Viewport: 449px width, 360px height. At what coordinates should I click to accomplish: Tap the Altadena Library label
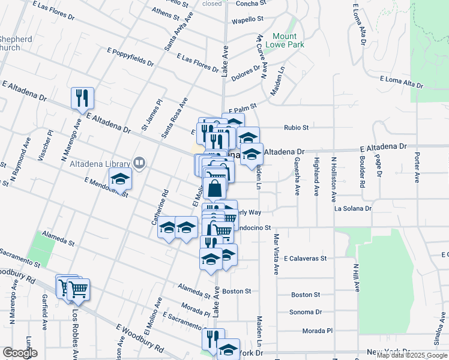pyautogui.click(x=100, y=164)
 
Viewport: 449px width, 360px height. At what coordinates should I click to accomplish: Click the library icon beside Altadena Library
pyautogui.click(x=139, y=162)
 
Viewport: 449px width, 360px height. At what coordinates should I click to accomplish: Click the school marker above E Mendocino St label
pyautogui.click(x=120, y=178)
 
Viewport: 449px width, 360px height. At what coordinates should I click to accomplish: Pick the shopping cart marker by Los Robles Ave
pyautogui.click(x=78, y=290)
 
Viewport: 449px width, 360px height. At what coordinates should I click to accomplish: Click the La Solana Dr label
pyautogui.click(x=353, y=209)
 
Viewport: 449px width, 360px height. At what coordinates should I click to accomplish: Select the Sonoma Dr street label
pyautogui.click(x=306, y=312)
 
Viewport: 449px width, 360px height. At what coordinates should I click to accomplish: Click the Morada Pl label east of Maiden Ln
pyautogui.click(x=318, y=331)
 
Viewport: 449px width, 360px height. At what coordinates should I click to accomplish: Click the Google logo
pyautogui.click(x=20, y=353)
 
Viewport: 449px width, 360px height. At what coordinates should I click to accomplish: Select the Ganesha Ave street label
pyautogui.click(x=297, y=176)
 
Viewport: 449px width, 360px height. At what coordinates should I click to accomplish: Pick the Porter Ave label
pyautogui.click(x=417, y=167)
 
